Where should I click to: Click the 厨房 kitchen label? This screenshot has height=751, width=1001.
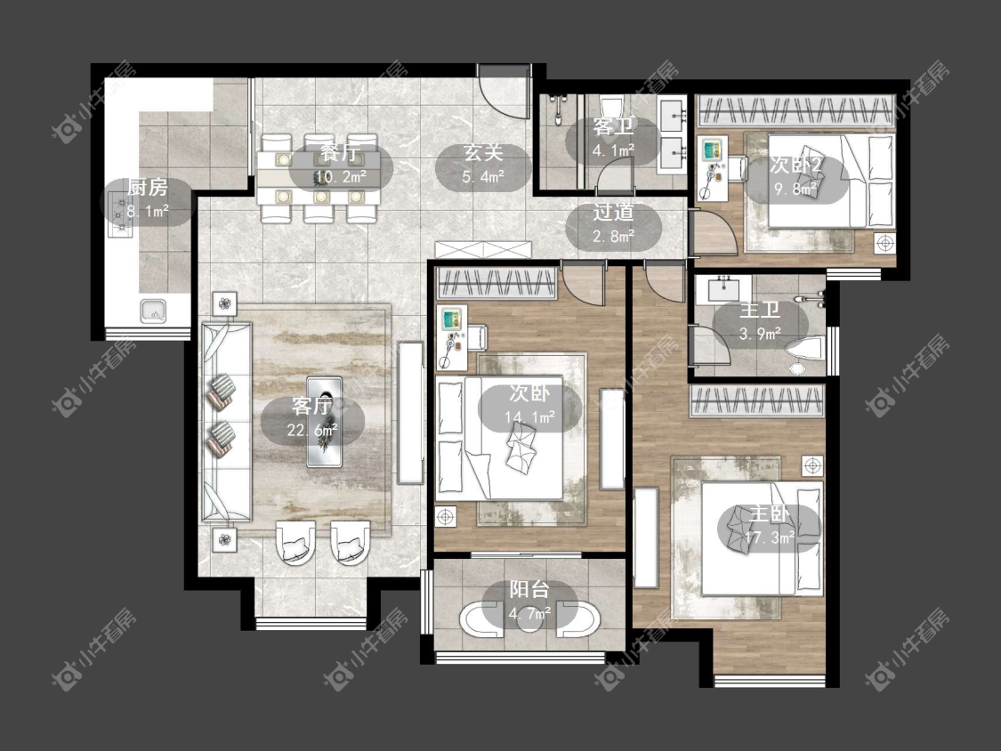click(x=148, y=188)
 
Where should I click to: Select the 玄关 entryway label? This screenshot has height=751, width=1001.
click(x=483, y=153)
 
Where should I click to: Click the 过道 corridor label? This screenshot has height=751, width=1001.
click(x=613, y=212)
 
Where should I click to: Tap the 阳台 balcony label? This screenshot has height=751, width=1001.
click(x=529, y=589)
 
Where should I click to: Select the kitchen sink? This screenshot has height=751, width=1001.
click(x=154, y=311)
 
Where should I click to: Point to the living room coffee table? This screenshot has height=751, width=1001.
click(x=324, y=422)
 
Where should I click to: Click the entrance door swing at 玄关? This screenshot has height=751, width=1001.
click(x=505, y=92)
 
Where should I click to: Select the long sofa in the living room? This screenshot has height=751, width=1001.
click(x=227, y=422)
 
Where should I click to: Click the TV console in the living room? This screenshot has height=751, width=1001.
click(x=411, y=413)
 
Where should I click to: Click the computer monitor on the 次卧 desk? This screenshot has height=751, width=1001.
click(x=452, y=319)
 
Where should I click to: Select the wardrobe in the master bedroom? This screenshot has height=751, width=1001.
click(x=756, y=401)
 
